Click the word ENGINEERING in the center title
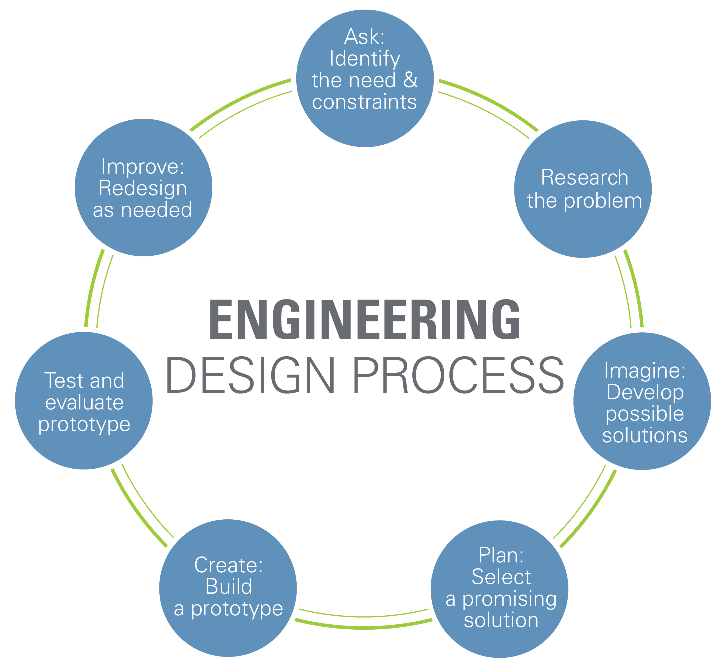pyautogui.click(x=364, y=319)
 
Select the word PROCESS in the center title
pyautogui.click(x=458, y=375)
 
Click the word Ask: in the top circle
pyautogui.click(x=364, y=37)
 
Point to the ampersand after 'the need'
pyautogui.click(x=410, y=80)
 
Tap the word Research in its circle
pyautogui.click(x=584, y=178)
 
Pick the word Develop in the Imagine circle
pyautogui.click(x=645, y=392)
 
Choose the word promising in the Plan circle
pyautogui.click(x=509, y=599)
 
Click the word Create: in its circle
pyautogui.click(x=228, y=565)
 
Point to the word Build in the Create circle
pyautogui.click(x=229, y=587)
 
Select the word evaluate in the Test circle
pyautogui.click(x=84, y=402)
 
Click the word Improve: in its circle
pyautogui.click(x=143, y=167)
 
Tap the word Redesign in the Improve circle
pyautogui.click(x=143, y=188)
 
